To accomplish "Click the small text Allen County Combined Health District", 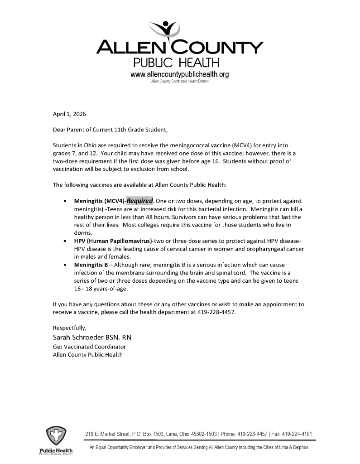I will (x=178, y=82).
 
